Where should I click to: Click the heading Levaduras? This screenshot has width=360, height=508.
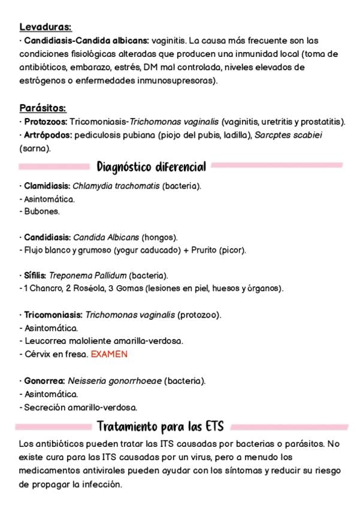click(46, 27)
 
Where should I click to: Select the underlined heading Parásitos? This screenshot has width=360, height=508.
click(43, 108)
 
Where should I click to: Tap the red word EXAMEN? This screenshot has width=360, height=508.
click(109, 354)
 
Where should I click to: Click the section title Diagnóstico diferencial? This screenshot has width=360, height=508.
click(151, 166)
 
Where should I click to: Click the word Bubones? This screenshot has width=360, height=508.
click(42, 211)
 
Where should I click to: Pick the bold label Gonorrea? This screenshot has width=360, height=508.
click(44, 381)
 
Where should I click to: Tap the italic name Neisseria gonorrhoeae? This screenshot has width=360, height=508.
click(114, 381)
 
